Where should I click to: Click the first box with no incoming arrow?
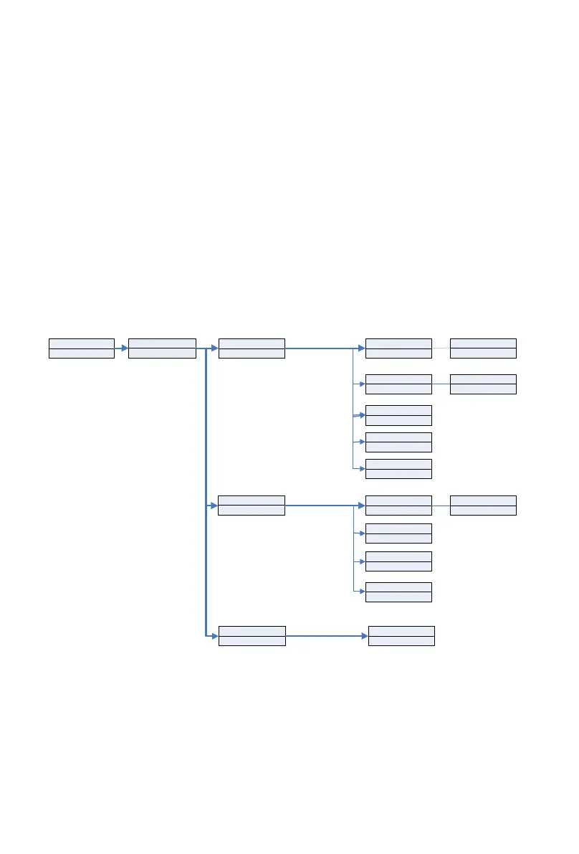pyautogui.click(x=81, y=348)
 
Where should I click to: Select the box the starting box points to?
pyautogui.click(x=162, y=348)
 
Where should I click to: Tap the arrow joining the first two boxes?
pyautogui.click(x=121, y=348)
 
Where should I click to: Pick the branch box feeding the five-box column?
pyautogui.click(x=251, y=348)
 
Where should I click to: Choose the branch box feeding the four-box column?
pyautogui.click(x=251, y=506)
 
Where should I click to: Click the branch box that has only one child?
pyautogui.click(x=252, y=636)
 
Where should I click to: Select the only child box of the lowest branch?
pyautogui.click(x=401, y=636)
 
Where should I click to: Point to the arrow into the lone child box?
pyautogui.click(x=327, y=636)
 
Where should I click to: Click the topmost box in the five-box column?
pyautogui.click(x=398, y=348)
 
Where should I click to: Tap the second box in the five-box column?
pyautogui.click(x=398, y=384)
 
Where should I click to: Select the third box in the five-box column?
pyautogui.click(x=398, y=415)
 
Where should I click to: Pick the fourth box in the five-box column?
pyautogui.click(x=398, y=442)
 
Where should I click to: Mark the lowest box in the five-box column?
pyautogui.click(x=398, y=469)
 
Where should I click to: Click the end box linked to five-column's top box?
pyautogui.click(x=483, y=348)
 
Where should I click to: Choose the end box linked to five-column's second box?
pyautogui.click(x=483, y=384)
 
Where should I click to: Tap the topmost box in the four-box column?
pyautogui.click(x=398, y=506)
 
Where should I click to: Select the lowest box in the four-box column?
pyautogui.click(x=398, y=592)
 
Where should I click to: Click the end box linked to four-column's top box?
pyautogui.click(x=483, y=506)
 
